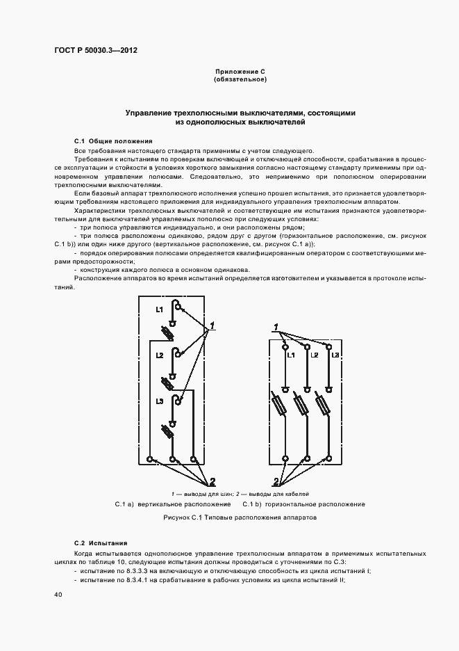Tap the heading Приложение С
click(240, 72)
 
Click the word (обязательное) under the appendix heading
click(240, 80)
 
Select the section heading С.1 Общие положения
click(108, 140)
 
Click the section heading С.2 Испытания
click(101, 542)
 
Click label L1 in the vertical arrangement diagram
click(159, 309)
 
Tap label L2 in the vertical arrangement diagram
click(159, 355)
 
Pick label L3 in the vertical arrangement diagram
click(159, 402)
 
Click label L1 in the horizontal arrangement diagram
click(291, 355)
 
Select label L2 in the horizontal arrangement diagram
click(315, 355)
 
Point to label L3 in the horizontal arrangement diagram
click(335, 355)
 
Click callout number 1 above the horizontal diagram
click(276, 327)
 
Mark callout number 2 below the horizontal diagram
click(276, 481)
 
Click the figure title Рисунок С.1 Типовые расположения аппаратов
click(240, 519)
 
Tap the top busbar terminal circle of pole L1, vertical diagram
click(178, 307)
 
